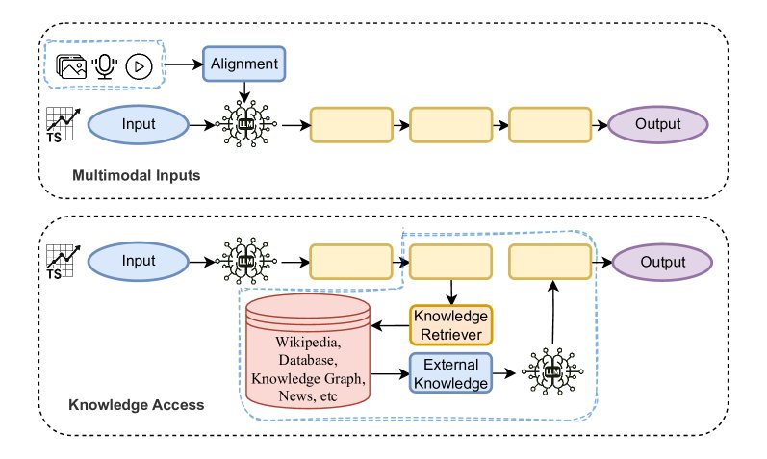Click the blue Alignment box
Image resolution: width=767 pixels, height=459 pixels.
tap(244, 64)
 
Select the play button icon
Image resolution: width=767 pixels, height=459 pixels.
tap(139, 66)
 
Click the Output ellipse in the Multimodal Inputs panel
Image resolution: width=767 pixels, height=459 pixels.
tap(658, 124)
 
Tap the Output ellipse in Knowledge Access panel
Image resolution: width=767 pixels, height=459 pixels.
tap(662, 262)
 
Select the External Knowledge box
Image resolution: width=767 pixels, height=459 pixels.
tap(450, 371)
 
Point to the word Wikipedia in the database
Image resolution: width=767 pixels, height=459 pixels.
tap(308, 343)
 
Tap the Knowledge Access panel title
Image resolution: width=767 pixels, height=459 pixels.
tap(137, 405)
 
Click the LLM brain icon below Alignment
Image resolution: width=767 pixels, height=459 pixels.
tap(248, 125)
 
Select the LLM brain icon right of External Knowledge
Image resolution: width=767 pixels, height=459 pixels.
tap(553, 371)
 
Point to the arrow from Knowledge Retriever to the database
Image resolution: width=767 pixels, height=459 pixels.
tap(391, 325)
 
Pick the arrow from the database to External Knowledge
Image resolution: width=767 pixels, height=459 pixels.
tap(391, 371)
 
